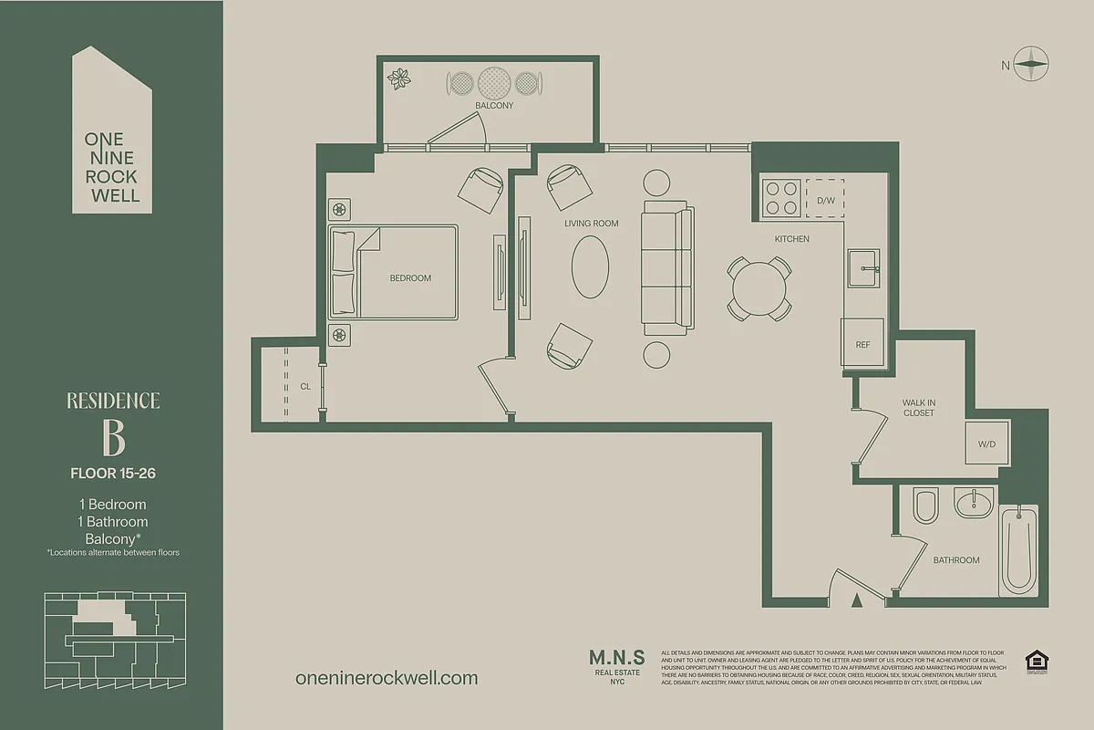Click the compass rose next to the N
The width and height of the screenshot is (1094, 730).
click(x=1033, y=64)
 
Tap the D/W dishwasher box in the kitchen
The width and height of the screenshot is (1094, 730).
click(x=825, y=199)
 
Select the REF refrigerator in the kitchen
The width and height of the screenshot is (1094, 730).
click(x=862, y=344)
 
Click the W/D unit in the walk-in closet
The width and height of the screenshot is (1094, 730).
click(x=987, y=445)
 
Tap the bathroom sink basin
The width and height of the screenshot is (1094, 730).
click(x=973, y=504)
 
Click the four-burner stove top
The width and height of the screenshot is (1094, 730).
click(x=781, y=197)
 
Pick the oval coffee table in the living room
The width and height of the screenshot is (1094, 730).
click(x=590, y=266)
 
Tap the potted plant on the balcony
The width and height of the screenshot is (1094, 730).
click(x=399, y=80)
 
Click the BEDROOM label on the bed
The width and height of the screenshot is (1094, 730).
click(x=410, y=278)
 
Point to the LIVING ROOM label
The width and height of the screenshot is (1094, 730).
click(x=591, y=224)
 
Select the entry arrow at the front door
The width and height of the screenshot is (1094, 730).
click(x=856, y=600)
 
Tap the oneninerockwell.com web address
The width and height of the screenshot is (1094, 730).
click(x=387, y=678)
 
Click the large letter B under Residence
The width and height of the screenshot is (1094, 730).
click(x=113, y=439)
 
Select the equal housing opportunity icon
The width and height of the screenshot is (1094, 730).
click(x=1036, y=662)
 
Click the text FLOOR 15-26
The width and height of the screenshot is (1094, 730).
click(x=113, y=473)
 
